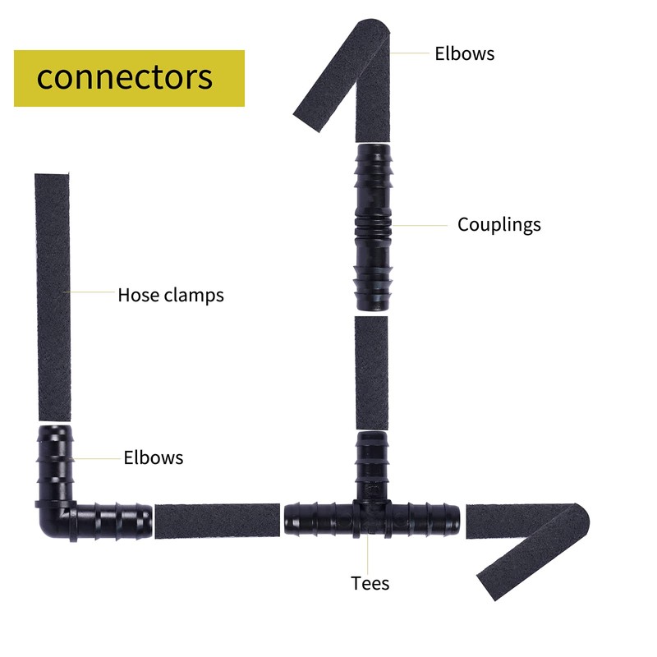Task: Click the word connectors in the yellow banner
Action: [x=125, y=77]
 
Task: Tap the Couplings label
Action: [x=499, y=224]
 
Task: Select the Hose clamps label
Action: [x=171, y=294]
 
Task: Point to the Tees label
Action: [x=370, y=584]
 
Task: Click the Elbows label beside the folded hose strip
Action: [x=465, y=54]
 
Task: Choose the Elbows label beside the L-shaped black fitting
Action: [x=154, y=457]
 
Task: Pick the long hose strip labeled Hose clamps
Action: [x=53, y=296]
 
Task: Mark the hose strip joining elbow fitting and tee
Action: [x=218, y=521]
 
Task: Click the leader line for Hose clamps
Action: [x=93, y=292]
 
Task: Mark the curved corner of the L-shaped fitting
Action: [x=51, y=526]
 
